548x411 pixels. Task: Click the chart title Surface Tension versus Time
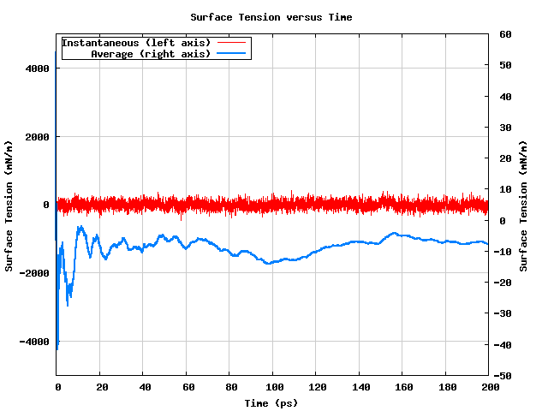click(271, 17)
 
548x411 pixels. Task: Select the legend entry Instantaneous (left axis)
click(137, 43)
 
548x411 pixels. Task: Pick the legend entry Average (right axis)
click(150, 54)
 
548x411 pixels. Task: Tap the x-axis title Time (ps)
click(271, 402)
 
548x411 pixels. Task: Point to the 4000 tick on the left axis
click(38, 68)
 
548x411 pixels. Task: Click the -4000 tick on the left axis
click(35, 342)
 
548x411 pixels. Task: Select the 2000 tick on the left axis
click(38, 137)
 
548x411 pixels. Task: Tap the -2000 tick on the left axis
click(35, 273)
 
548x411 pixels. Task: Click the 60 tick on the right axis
click(505, 34)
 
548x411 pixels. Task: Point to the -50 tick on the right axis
click(505, 376)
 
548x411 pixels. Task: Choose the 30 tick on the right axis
click(505, 128)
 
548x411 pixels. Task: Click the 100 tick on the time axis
click(272, 388)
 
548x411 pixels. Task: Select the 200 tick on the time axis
click(488, 388)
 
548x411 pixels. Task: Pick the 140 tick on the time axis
click(359, 388)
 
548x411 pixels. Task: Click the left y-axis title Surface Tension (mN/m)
click(9, 205)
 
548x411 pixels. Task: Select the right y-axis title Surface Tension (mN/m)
click(524, 205)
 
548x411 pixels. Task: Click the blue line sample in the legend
click(232, 54)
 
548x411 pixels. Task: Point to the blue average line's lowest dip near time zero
click(57, 348)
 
